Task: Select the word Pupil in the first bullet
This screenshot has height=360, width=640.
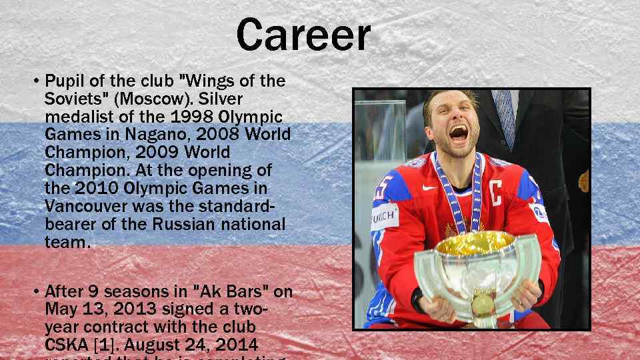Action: tap(63, 82)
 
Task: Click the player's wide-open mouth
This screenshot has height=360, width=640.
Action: tap(457, 135)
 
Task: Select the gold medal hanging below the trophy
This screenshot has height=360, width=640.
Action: tap(481, 307)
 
